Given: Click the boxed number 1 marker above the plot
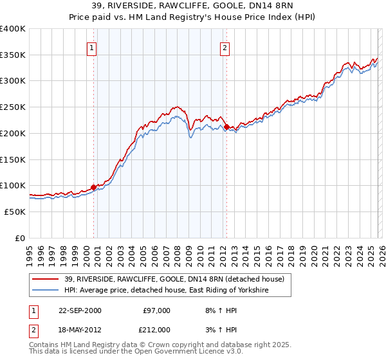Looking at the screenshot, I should click(91, 48).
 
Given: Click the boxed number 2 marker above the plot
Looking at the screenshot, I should click(225, 48).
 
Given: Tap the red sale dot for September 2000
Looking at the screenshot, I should click(93, 187).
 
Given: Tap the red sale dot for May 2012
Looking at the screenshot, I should click(226, 127).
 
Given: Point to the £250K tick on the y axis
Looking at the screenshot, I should click(13, 107).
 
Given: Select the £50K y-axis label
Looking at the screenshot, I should click(15, 212).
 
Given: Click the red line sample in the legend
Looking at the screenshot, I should click(47, 278).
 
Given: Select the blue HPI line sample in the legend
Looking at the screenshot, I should click(47, 291).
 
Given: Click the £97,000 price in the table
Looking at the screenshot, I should click(156, 310).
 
